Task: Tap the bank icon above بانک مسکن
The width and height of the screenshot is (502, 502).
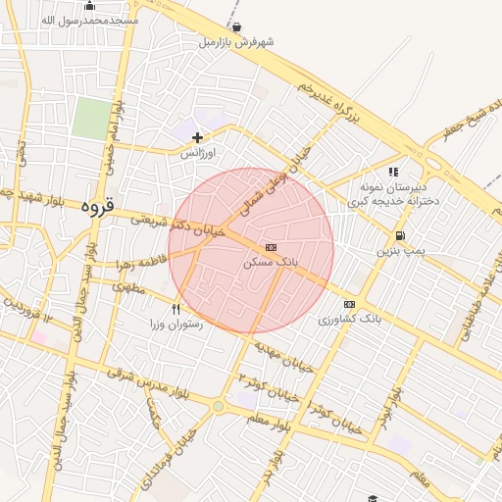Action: (x=272, y=247)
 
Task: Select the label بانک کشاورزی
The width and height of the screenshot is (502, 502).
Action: (x=347, y=320)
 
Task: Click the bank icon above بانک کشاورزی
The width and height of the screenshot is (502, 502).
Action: (x=349, y=304)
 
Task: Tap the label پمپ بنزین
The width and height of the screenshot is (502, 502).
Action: (x=401, y=251)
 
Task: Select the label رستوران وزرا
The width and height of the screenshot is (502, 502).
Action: (x=176, y=324)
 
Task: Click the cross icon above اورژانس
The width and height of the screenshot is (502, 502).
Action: (x=198, y=137)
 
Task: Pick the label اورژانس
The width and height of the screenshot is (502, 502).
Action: (x=199, y=154)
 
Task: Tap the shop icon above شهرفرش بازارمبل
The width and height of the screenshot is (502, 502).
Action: (x=236, y=26)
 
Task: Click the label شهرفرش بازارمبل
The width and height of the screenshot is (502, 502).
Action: (x=236, y=42)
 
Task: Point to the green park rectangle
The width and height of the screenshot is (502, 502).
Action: (x=91, y=118)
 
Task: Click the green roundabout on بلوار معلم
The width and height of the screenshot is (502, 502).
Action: (x=218, y=405)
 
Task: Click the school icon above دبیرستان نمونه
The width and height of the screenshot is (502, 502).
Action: (x=393, y=172)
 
